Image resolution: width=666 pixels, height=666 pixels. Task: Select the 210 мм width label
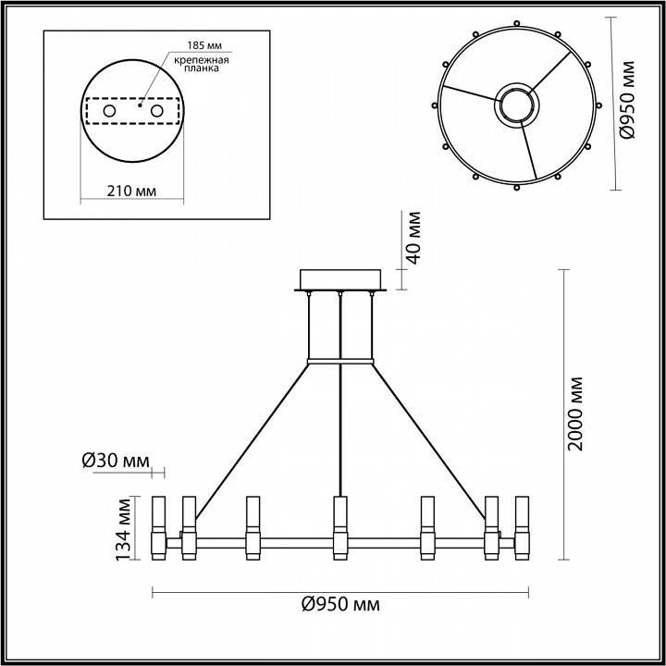(x=130, y=191)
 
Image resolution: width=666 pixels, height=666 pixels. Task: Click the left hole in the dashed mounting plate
(x=109, y=112)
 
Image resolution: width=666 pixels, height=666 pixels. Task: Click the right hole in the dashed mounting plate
(x=156, y=112)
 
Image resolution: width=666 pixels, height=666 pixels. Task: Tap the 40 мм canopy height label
(x=413, y=239)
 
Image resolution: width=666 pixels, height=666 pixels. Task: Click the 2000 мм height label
(x=576, y=413)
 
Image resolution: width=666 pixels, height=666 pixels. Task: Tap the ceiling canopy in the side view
(x=340, y=279)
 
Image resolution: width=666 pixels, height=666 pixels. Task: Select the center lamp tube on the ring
(x=340, y=528)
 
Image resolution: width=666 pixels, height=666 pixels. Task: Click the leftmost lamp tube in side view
(x=158, y=528)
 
